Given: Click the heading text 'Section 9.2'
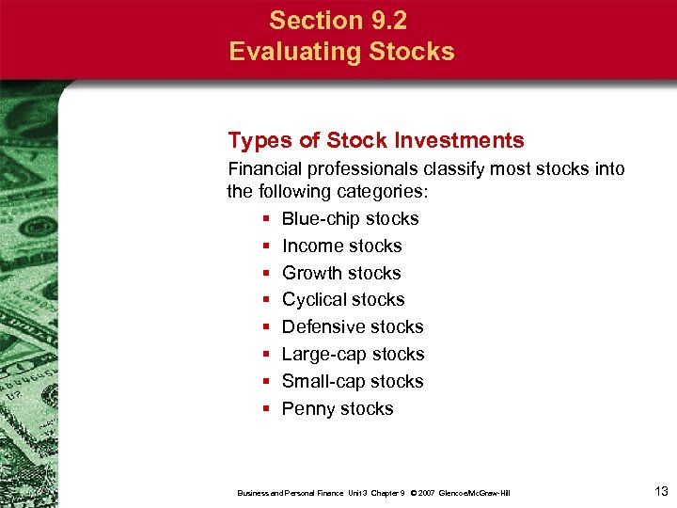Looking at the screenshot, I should (341, 20).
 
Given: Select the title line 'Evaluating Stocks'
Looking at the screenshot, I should (341, 51).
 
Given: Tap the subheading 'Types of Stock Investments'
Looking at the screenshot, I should (376, 141).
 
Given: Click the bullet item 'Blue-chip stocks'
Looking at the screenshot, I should (350, 218).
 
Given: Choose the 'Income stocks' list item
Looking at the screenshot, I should (341, 246).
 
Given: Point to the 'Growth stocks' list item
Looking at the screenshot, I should (341, 273).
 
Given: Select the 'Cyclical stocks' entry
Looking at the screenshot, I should (343, 299).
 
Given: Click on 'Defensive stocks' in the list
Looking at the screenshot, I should (353, 326).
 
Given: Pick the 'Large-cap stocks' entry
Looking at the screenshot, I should (353, 354).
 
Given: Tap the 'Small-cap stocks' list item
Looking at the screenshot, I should (353, 381).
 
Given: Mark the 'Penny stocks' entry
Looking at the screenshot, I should (338, 408).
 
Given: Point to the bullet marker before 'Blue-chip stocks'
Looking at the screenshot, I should (267, 219).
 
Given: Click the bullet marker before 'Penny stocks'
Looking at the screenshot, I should (267, 409).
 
